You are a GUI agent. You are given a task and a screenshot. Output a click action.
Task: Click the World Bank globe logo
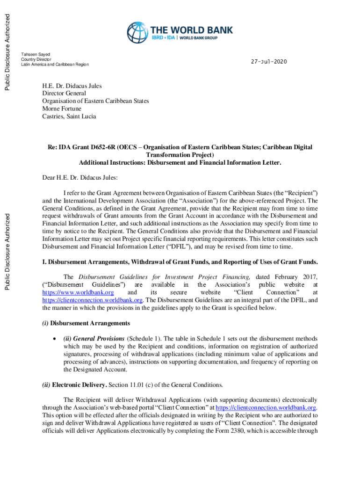137,33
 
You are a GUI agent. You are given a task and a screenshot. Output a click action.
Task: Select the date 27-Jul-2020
269,62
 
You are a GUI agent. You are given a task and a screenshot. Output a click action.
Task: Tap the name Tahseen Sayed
36,55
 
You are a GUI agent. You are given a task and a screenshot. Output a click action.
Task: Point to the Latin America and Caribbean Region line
55,65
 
